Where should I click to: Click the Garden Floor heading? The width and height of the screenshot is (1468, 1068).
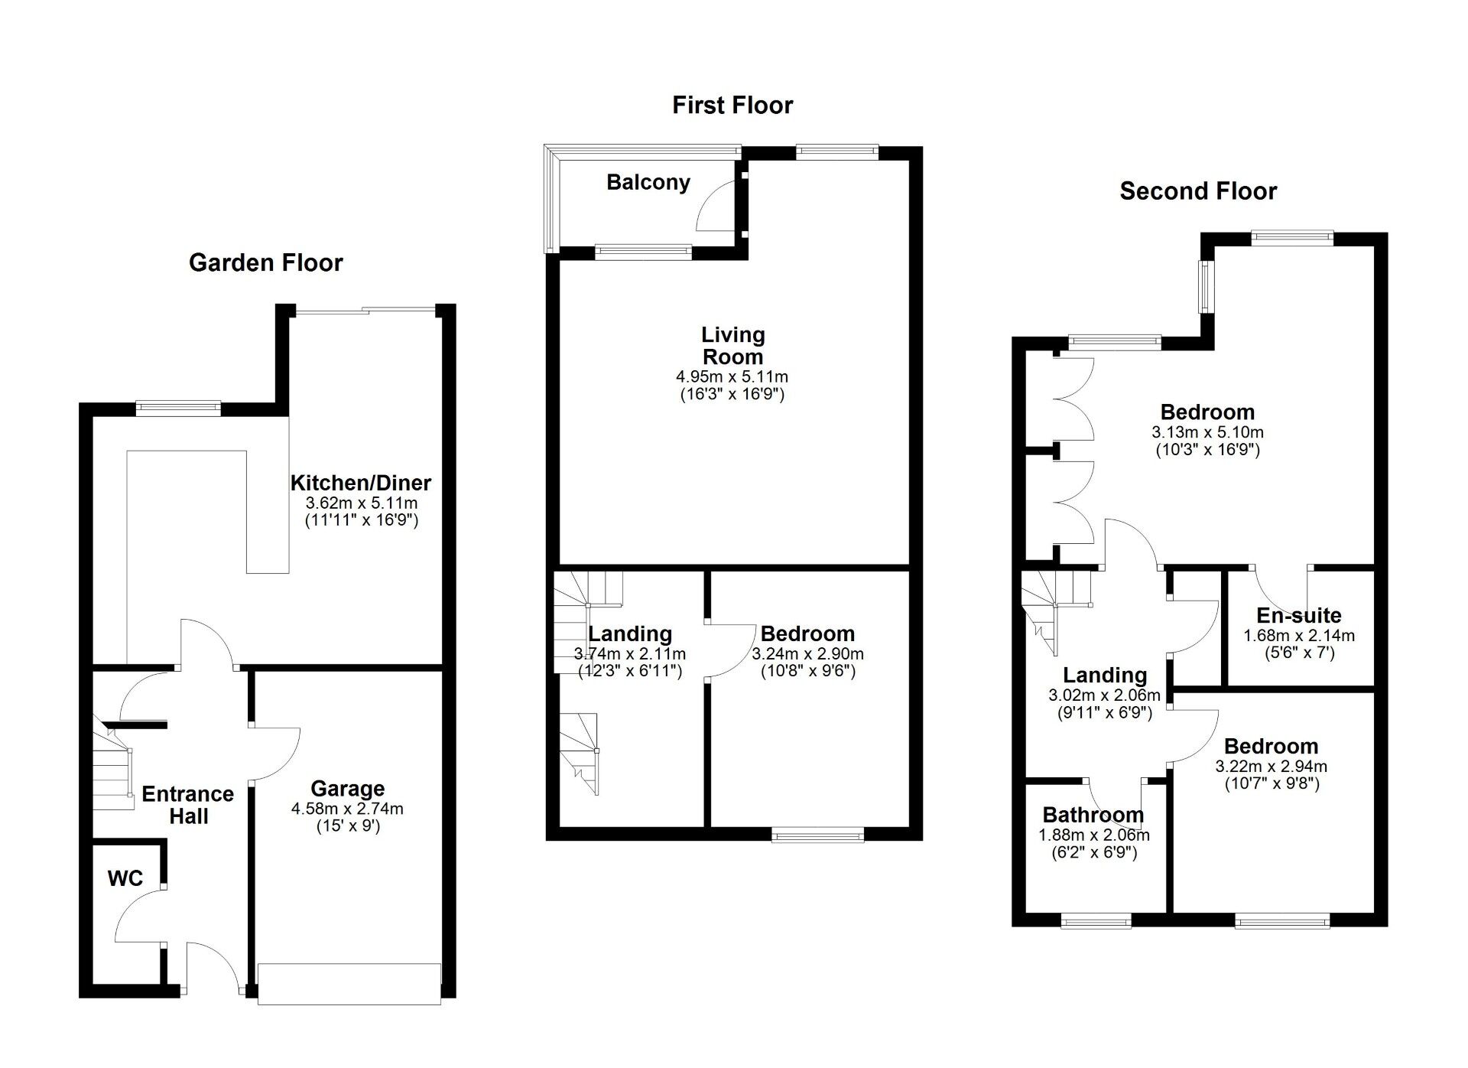point(265,262)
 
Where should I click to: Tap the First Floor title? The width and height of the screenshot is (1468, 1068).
point(732,105)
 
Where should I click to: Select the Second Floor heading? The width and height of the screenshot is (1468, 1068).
point(1197,190)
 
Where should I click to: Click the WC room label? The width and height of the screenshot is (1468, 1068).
point(125,878)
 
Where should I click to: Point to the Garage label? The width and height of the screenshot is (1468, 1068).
point(347,789)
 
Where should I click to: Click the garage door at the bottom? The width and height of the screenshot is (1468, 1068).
point(349,983)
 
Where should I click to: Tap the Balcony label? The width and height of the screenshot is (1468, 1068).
point(648,182)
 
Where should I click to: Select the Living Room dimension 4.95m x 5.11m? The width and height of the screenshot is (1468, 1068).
point(732,376)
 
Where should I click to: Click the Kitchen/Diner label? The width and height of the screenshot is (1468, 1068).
point(361,483)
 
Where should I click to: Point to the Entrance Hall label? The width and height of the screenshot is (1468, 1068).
point(188,805)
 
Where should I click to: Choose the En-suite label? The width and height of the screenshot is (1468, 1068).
point(1298,616)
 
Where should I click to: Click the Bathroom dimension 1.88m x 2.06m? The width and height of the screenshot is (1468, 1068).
point(1093,835)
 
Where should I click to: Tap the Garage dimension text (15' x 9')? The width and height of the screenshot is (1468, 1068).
point(348,825)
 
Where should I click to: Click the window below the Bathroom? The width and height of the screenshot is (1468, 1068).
point(1096,922)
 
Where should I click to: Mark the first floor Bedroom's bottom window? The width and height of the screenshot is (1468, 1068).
point(817,835)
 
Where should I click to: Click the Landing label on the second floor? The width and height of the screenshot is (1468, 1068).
point(1105,675)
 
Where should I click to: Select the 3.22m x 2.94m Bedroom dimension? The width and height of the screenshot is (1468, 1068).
point(1271,766)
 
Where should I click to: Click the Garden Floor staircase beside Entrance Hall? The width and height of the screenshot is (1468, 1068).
point(112,769)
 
